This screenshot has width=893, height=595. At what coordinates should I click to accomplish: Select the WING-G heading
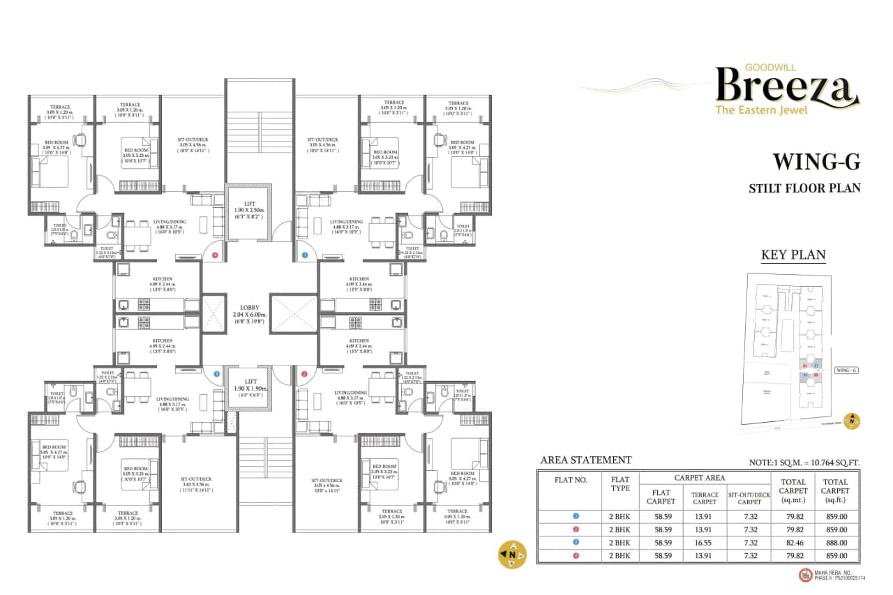tap(816, 163)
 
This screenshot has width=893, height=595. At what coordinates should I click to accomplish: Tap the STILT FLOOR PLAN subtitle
tap(804, 188)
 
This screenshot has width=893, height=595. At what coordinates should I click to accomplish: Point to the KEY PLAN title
tap(793, 255)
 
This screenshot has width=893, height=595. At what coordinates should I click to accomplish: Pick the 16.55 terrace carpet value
tap(705, 542)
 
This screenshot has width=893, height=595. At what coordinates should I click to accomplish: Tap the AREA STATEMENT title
tap(586, 460)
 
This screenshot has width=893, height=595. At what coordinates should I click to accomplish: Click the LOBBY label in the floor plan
tap(249, 307)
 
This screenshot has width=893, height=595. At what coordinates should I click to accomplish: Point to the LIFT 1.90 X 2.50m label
tap(249, 209)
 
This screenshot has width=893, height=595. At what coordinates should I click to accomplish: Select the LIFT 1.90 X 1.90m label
tap(249, 386)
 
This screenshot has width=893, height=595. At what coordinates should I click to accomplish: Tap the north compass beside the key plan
tap(851, 421)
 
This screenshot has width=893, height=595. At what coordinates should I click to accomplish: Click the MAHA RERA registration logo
tap(806, 575)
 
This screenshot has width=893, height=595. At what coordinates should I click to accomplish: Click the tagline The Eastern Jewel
tap(762, 110)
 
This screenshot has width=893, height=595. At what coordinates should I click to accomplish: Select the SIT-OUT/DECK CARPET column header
tap(749, 497)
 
